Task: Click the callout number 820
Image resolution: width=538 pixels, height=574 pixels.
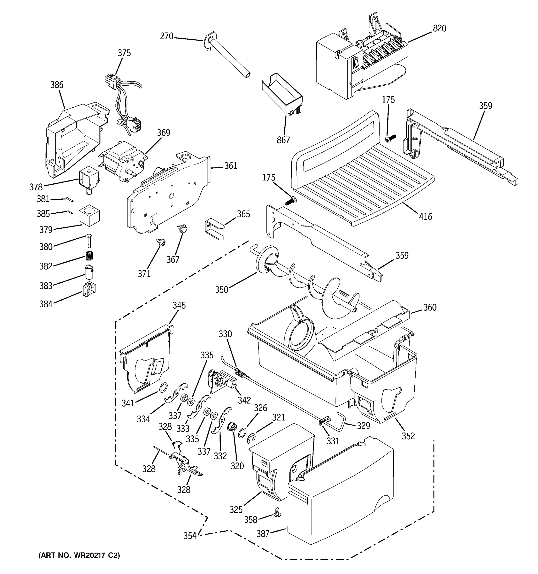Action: click(439, 28)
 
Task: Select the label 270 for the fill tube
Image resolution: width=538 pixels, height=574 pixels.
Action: click(166, 36)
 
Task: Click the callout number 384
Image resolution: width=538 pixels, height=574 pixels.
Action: click(46, 304)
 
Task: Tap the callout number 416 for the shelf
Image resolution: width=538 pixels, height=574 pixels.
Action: click(425, 216)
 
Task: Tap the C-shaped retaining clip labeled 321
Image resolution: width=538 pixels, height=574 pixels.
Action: click(251, 439)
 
